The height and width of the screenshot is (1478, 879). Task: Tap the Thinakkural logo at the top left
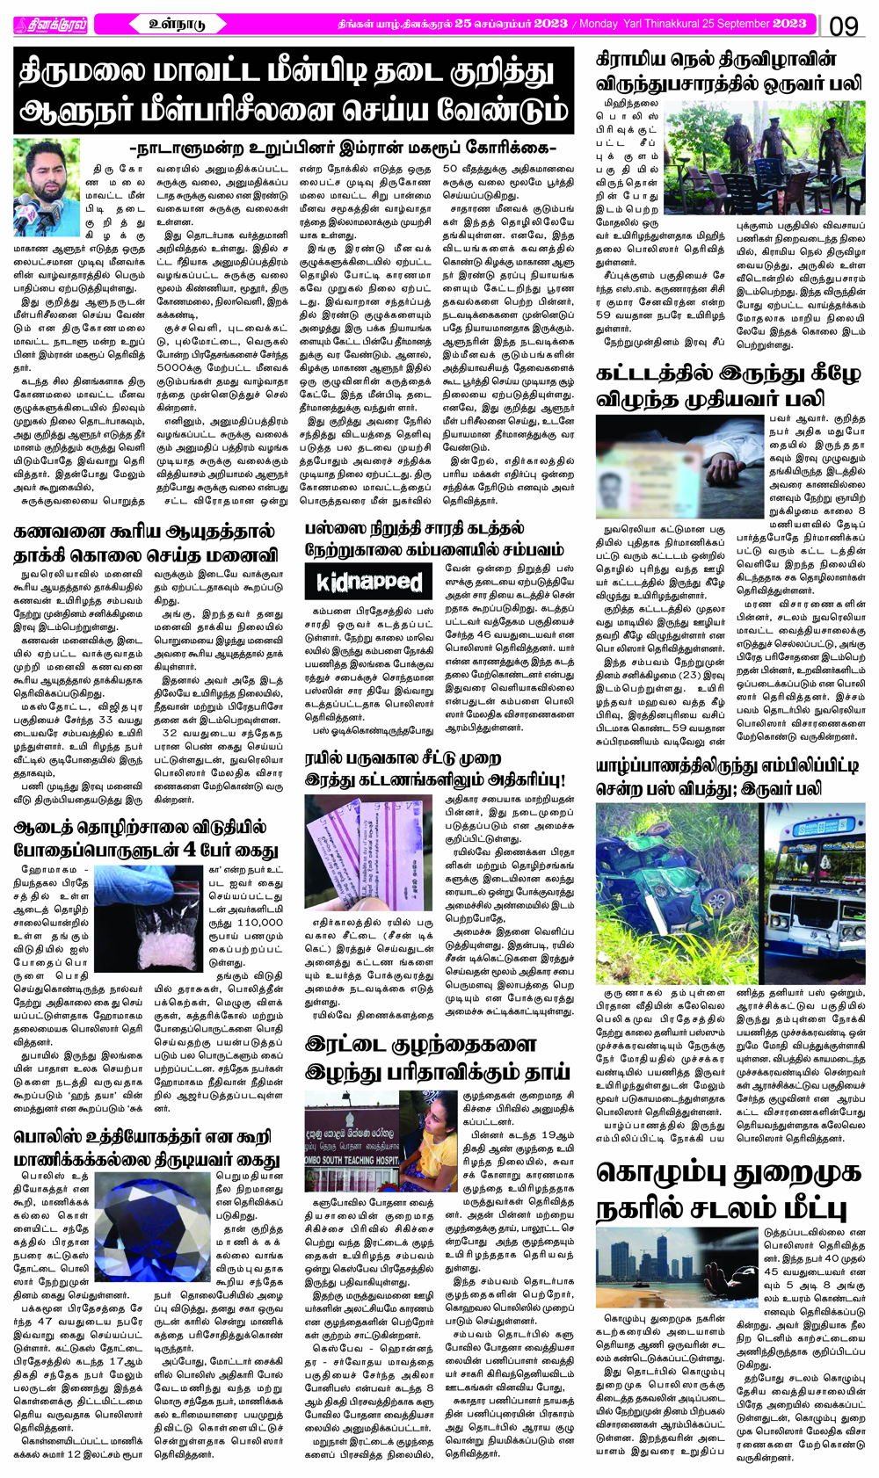point(50,25)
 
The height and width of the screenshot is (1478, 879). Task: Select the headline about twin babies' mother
point(420,1058)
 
